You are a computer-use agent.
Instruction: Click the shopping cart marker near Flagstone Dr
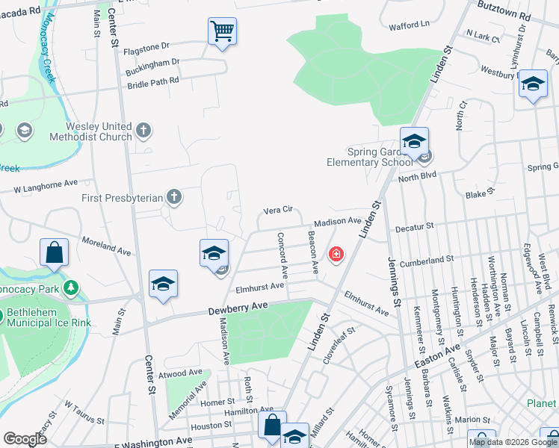(x=222, y=31)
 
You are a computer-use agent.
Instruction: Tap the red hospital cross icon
(x=337, y=255)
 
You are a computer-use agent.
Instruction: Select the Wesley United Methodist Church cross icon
(x=144, y=132)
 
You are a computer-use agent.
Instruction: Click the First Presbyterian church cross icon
(x=173, y=198)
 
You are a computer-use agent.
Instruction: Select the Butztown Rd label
(x=504, y=15)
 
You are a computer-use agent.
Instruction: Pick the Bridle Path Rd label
(x=154, y=81)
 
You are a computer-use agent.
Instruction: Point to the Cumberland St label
(x=427, y=261)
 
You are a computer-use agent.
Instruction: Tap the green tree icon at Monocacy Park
(x=70, y=287)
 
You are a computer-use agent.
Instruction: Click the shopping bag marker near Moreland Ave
(x=55, y=252)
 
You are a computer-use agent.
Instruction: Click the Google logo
(x=25, y=439)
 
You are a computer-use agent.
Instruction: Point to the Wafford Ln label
(x=409, y=26)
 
